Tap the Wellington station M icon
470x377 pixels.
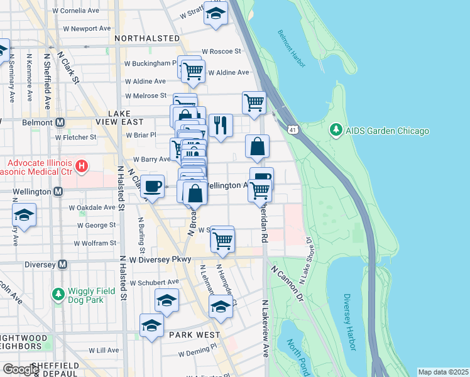tap(58, 191)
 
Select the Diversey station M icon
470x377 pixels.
tap(62, 265)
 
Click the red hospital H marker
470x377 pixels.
tap(81, 167)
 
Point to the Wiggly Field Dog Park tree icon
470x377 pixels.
tap(58, 293)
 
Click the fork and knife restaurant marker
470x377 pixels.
tap(221, 124)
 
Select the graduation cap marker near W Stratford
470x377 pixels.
tap(216, 14)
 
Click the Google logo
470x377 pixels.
tap(20, 369)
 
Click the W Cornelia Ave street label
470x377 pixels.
tap(76, 11)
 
